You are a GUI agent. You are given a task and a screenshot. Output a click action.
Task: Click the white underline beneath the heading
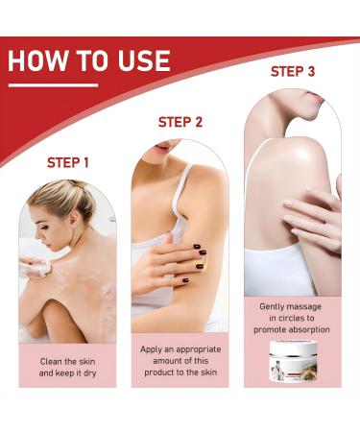point(53,85)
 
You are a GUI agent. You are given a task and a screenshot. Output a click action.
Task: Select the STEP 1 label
point(69,162)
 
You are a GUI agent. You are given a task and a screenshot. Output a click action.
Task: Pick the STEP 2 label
point(180,122)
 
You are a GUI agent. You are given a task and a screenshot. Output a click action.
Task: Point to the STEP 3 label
point(293,71)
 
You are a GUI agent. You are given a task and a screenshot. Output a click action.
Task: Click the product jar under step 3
point(294,362)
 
